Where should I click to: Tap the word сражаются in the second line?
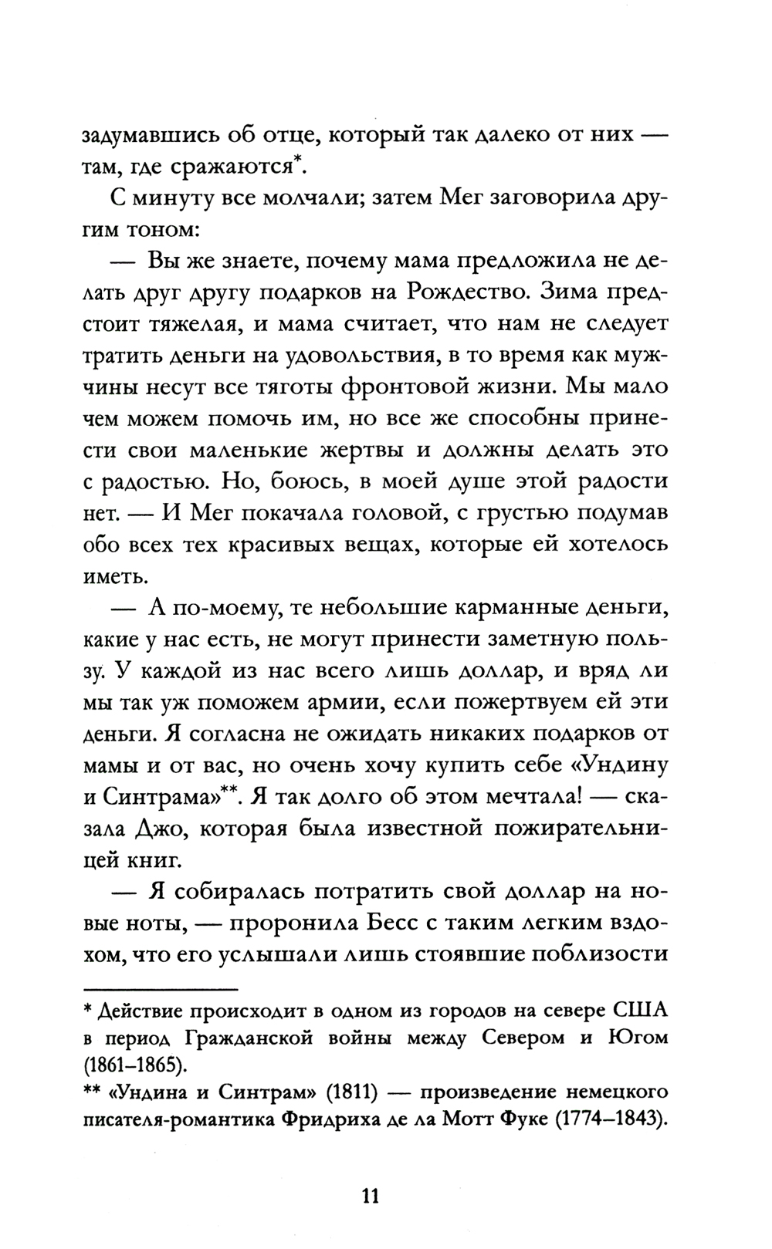point(239,164)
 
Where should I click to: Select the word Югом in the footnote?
point(638,1038)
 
